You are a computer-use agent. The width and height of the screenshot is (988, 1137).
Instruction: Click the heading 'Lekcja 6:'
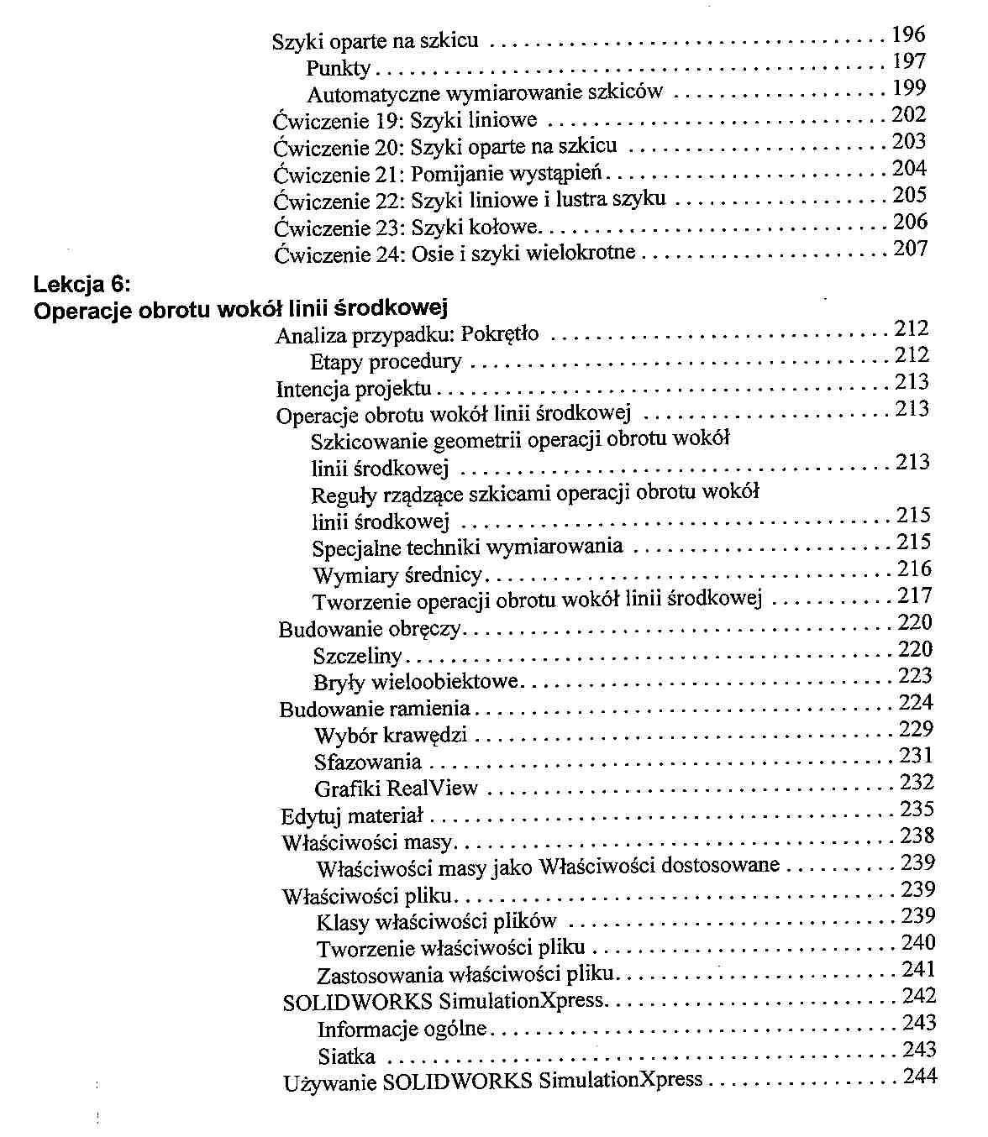pos(82,282)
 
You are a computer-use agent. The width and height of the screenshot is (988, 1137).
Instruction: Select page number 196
pos(908,35)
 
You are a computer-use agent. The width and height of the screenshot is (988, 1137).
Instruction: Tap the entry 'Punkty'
pos(338,67)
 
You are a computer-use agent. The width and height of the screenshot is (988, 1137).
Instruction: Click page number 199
pos(909,88)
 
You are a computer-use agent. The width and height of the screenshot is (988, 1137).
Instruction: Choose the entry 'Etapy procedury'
pos(386,362)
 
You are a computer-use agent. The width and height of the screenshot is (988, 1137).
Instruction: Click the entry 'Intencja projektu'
pos(354,389)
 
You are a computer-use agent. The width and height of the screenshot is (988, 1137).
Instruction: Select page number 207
pos(910,249)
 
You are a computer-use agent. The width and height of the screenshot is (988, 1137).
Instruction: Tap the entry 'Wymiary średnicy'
pos(397,575)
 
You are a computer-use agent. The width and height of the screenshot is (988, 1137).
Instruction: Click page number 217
pos(915,596)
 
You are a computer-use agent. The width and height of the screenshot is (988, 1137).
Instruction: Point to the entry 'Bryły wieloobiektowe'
pos(416,682)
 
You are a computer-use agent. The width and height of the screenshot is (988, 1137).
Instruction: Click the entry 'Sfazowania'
pos(368,762)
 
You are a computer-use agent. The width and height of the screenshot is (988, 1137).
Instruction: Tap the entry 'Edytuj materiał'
pos(352,816)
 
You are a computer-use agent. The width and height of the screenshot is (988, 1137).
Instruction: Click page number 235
pos(917,810)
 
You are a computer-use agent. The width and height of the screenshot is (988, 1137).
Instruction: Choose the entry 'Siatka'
pos(346,1056)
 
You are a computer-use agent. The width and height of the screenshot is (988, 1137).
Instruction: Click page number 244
pos(920,1077)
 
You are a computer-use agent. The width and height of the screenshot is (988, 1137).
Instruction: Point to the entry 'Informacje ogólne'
pos(402,1029)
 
